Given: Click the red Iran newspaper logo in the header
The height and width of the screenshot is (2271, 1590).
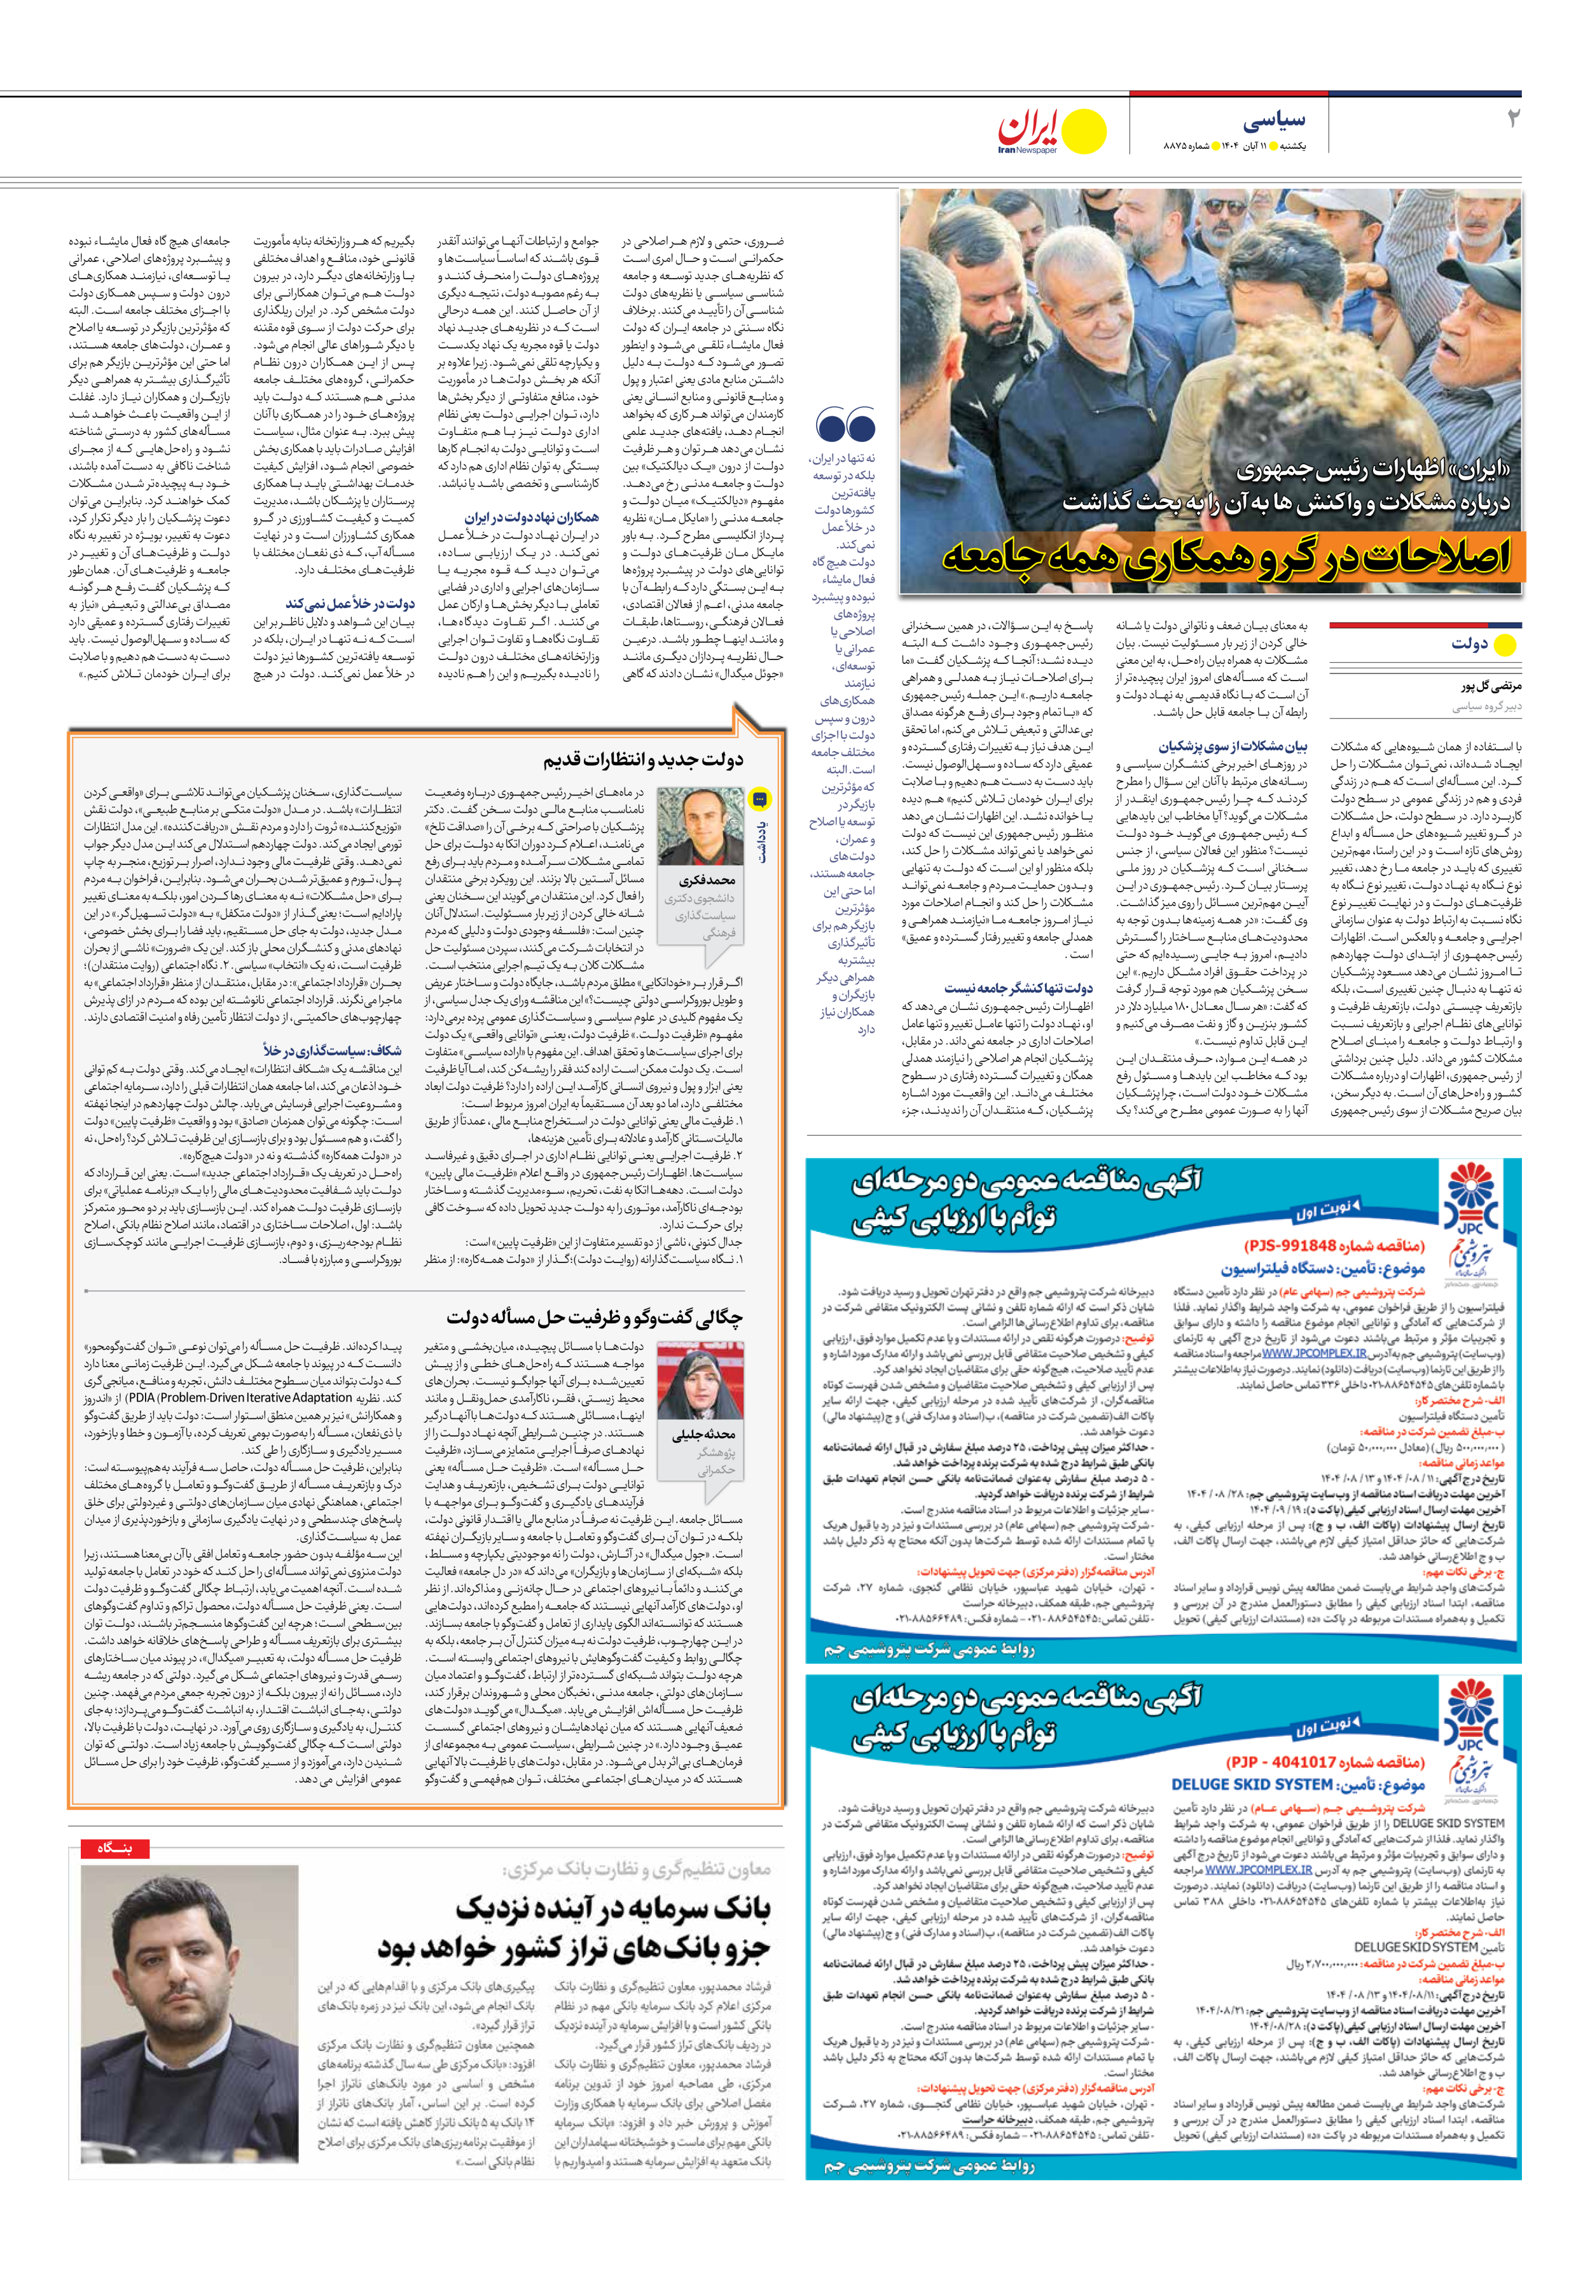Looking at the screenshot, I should point(1030,130).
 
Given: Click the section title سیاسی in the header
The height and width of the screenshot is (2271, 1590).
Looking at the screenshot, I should point(1275,121).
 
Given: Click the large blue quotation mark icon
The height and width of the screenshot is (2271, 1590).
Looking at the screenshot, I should point(845,425).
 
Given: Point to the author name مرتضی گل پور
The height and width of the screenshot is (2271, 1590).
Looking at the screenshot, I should point(1491,686).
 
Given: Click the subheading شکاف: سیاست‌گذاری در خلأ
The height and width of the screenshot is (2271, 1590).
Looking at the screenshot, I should point(333,1051).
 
